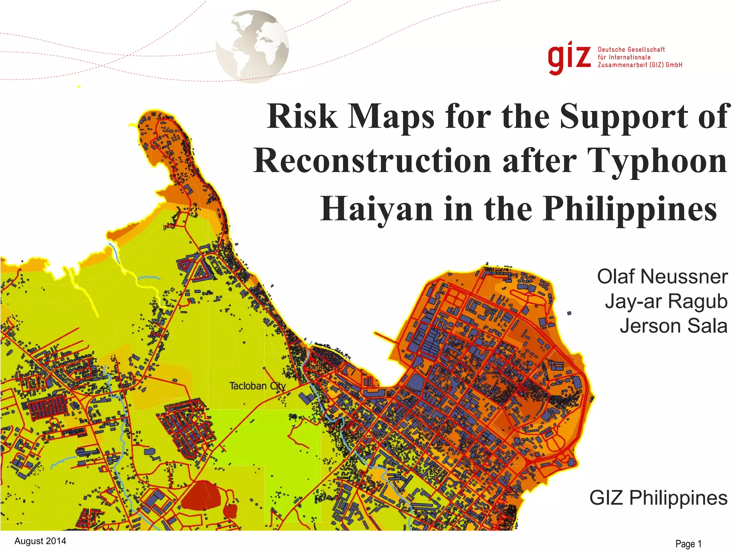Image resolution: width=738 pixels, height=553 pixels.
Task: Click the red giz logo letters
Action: [x=569, y=58]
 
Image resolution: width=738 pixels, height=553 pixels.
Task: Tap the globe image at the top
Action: [x=252, y=46]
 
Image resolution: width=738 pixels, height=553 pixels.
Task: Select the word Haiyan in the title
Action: [x=376, y=209]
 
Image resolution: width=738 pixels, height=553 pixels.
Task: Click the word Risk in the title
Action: [x=302, y=116]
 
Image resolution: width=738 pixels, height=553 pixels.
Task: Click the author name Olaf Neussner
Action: [x=662, y=276]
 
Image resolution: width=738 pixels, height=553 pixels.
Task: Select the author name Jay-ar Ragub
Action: [x=666, y=301]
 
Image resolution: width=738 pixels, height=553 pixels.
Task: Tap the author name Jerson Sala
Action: [x=673, y=325]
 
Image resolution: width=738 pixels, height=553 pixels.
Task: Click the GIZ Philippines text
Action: [x=658, y=498]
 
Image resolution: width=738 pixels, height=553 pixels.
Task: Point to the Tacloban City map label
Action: [x=257, y=386]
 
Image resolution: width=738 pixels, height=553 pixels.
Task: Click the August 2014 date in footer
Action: [x=40, y=541]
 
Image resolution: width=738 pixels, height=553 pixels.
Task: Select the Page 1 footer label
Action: [x=688, y=544]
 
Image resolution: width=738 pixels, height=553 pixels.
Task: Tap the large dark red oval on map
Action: [x=201, y=495]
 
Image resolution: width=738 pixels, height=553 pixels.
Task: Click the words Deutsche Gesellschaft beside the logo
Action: [x=631, y=50]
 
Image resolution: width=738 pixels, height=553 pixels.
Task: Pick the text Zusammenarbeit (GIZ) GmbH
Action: [x=640, y=65]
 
